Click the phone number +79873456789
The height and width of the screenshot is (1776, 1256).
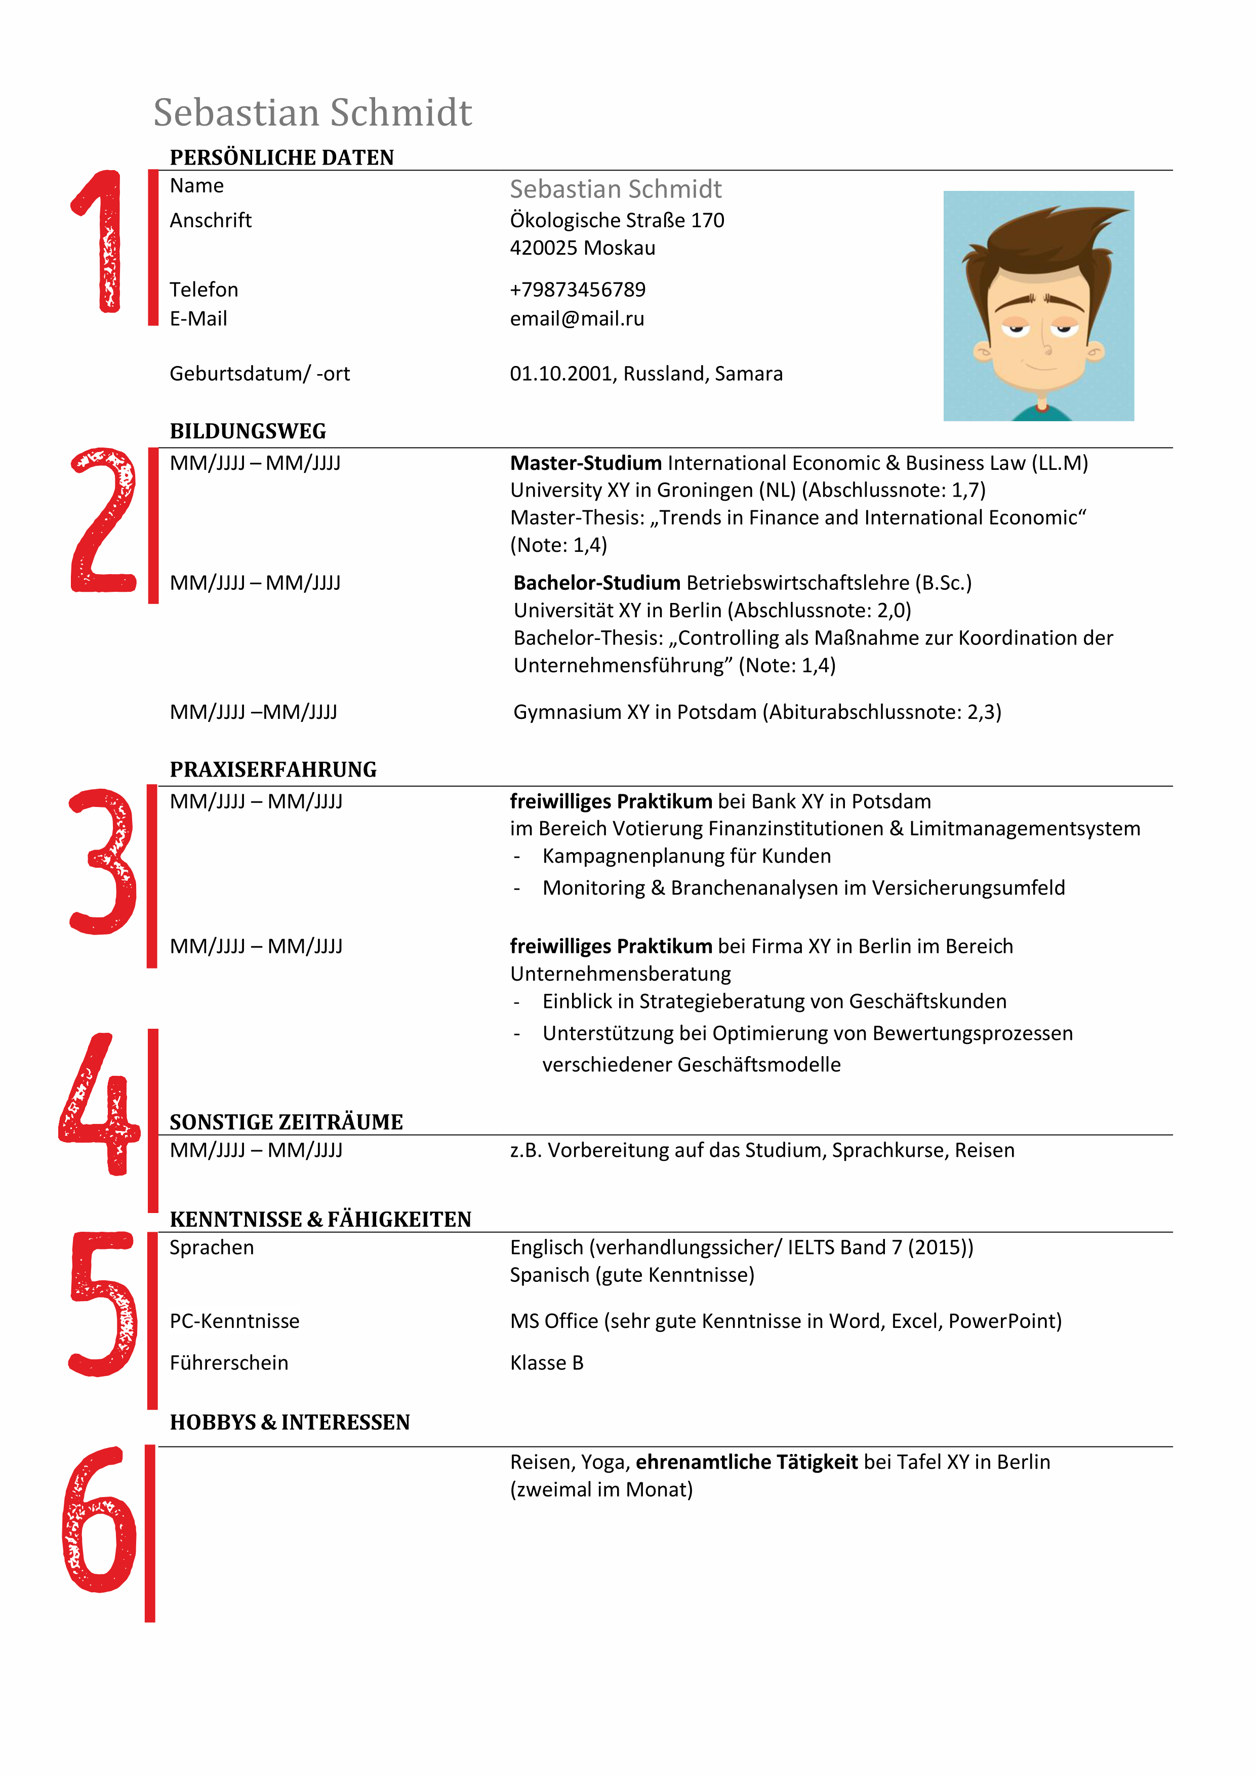tap(577, 289)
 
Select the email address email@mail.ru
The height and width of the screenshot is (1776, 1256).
tap(577, 318)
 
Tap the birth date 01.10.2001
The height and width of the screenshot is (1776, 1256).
tap(561, 374)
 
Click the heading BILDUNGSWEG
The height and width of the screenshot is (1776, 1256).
tap(248, 431)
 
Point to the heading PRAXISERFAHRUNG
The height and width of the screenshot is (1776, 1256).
tap(273, 770)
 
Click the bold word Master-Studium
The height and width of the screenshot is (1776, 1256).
tap(585, 463)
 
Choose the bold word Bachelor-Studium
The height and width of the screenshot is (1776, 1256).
tap(596, 582)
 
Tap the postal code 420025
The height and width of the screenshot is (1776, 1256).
tap(543, 248)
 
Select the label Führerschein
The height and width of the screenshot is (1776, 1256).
tap(229, 1363)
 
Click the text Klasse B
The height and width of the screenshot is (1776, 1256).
tap(546, 1363)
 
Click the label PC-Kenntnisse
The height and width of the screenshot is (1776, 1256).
tap(234, 1321)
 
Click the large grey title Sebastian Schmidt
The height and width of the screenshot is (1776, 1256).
tap(312, 113)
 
